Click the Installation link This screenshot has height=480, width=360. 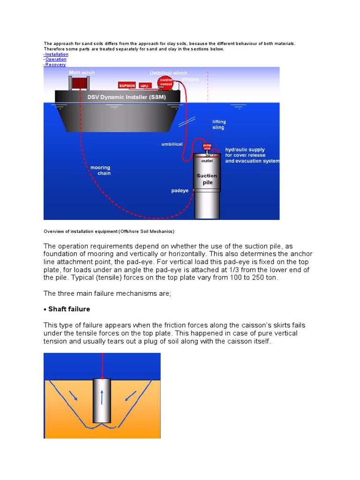point(56,54)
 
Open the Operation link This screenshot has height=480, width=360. point(56,60)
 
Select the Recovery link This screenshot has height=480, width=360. point(55,65)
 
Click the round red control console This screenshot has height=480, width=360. point(167,83)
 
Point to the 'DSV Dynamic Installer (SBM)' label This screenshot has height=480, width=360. point(117,97)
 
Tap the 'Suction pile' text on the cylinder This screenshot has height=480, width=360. point(207,180)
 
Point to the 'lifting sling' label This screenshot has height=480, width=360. point(218,124)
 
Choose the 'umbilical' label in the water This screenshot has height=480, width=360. point(172,144)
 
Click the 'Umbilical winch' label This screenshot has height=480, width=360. point(168,73)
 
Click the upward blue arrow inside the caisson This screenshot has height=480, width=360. point(101,397)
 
